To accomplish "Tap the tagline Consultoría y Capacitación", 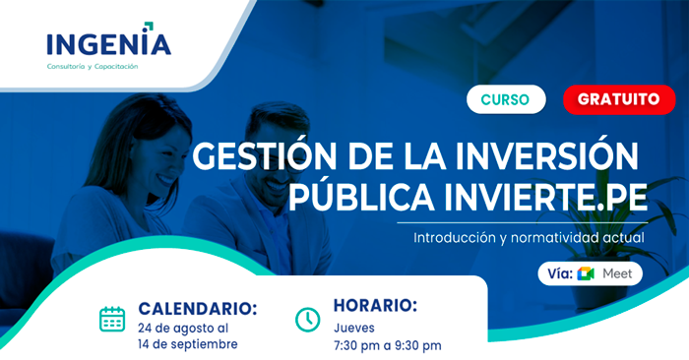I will pyautogui.click(x=93, y=66).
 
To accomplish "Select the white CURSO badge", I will pyautogui.click(x=505, y=99).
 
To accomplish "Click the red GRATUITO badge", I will pyautogui.click(x=618, y=99).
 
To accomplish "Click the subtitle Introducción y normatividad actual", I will pyautogui.click(x=529, y=237).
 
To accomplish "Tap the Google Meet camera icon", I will pyautogui.click(x=587, y=272).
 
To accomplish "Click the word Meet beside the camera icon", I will pyautogui.click(x=617, y=272).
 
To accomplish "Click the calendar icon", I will pyautogui.click(x=112, y=319).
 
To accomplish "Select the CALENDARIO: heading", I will pyautogui.click(x=198, y=308).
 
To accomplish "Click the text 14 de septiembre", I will pyautogui.click(x=187, y=344).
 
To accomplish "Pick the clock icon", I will pyautogui.click(x=308, y=319).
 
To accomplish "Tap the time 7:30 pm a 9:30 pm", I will pyautogui.click(x=387, y=344).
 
